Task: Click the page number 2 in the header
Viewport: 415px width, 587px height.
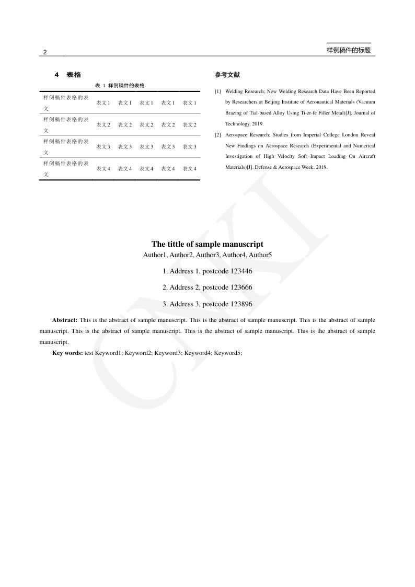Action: point(45,52)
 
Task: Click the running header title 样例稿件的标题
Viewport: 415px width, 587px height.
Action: point(348,50)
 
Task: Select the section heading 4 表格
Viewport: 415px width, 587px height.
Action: point(68,75)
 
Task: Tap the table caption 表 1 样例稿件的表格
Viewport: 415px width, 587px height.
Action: point(120,85)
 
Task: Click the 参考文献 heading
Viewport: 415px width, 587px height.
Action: point(227,75)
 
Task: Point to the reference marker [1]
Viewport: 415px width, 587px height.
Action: point(218,91)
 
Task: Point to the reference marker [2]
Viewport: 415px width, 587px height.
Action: point(218,135)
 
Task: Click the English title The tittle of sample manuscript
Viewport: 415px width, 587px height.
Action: point(208,244)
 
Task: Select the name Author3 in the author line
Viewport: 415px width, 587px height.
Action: point(208,255)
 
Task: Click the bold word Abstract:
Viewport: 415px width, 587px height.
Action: point(65,320)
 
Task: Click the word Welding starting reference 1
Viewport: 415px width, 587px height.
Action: point(234,91)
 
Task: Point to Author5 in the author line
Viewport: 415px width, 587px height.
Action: point(260,255)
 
